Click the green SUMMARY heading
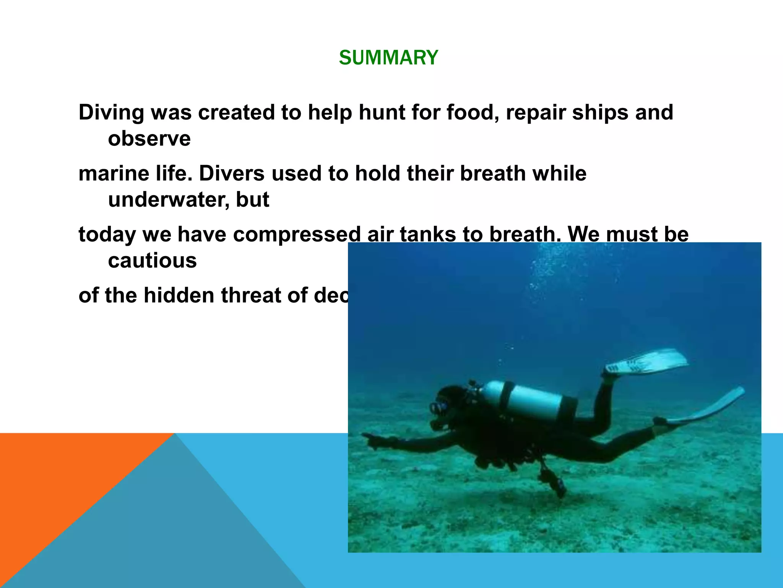[x=388, y=58]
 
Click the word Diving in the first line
[x=111, y=113]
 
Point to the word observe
[x=149, y=139]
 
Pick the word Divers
[x=232, y=173]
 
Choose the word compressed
[x=297, y=234]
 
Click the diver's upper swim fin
[x=646, y=362]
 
